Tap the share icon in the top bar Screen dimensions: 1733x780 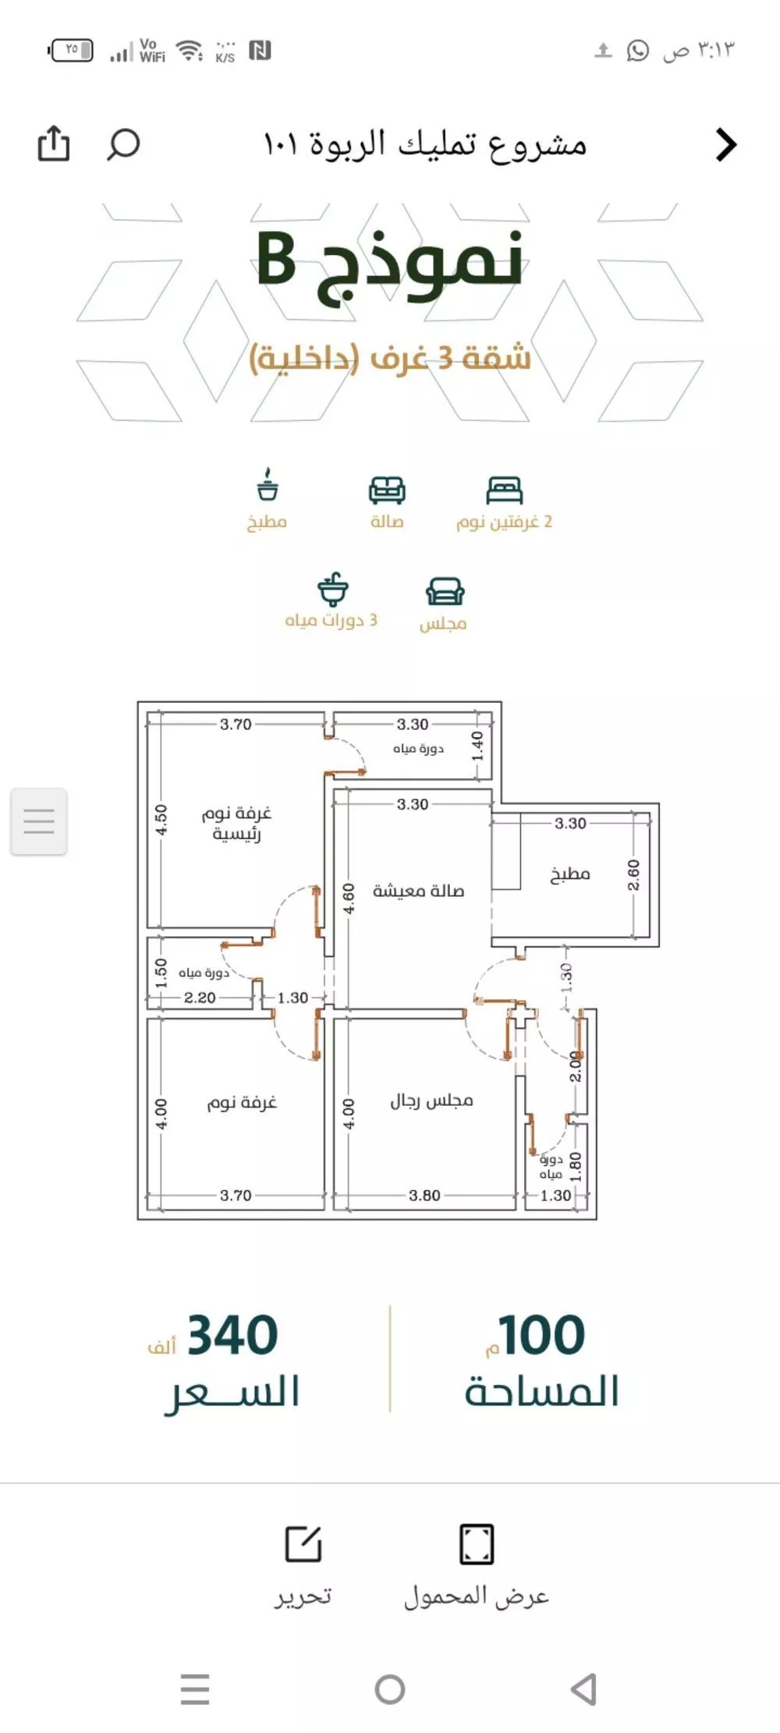[x=54, y=144]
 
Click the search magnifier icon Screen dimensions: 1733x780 [x=123, y=144]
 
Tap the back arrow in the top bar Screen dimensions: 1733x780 [x=726, y=144]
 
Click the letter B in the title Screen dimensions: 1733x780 [x=277, y=260]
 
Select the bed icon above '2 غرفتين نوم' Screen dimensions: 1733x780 [x=504, y=491]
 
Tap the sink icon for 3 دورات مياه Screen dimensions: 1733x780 [x=333, y=590]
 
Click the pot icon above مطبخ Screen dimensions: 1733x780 [x=268, y=485]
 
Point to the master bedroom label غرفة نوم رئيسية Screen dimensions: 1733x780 [x=236, y=823]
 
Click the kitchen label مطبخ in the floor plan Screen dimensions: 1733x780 [x=569, y=874]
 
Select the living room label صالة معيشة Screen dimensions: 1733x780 [x=418, y=891]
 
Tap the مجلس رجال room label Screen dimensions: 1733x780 [x=431, y=1100]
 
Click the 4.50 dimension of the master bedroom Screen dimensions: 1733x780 [x=161, y=820]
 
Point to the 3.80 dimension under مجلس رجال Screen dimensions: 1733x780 [x=424, y=1195]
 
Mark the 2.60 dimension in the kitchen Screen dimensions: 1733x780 [x=633, y=875]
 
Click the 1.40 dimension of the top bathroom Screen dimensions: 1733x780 [x=477, y=746]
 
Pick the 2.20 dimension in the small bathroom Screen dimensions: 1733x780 [x=200, y=998]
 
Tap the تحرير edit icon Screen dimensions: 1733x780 [x=303, y=1544]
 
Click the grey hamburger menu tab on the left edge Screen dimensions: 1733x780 [x=39, y=821]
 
